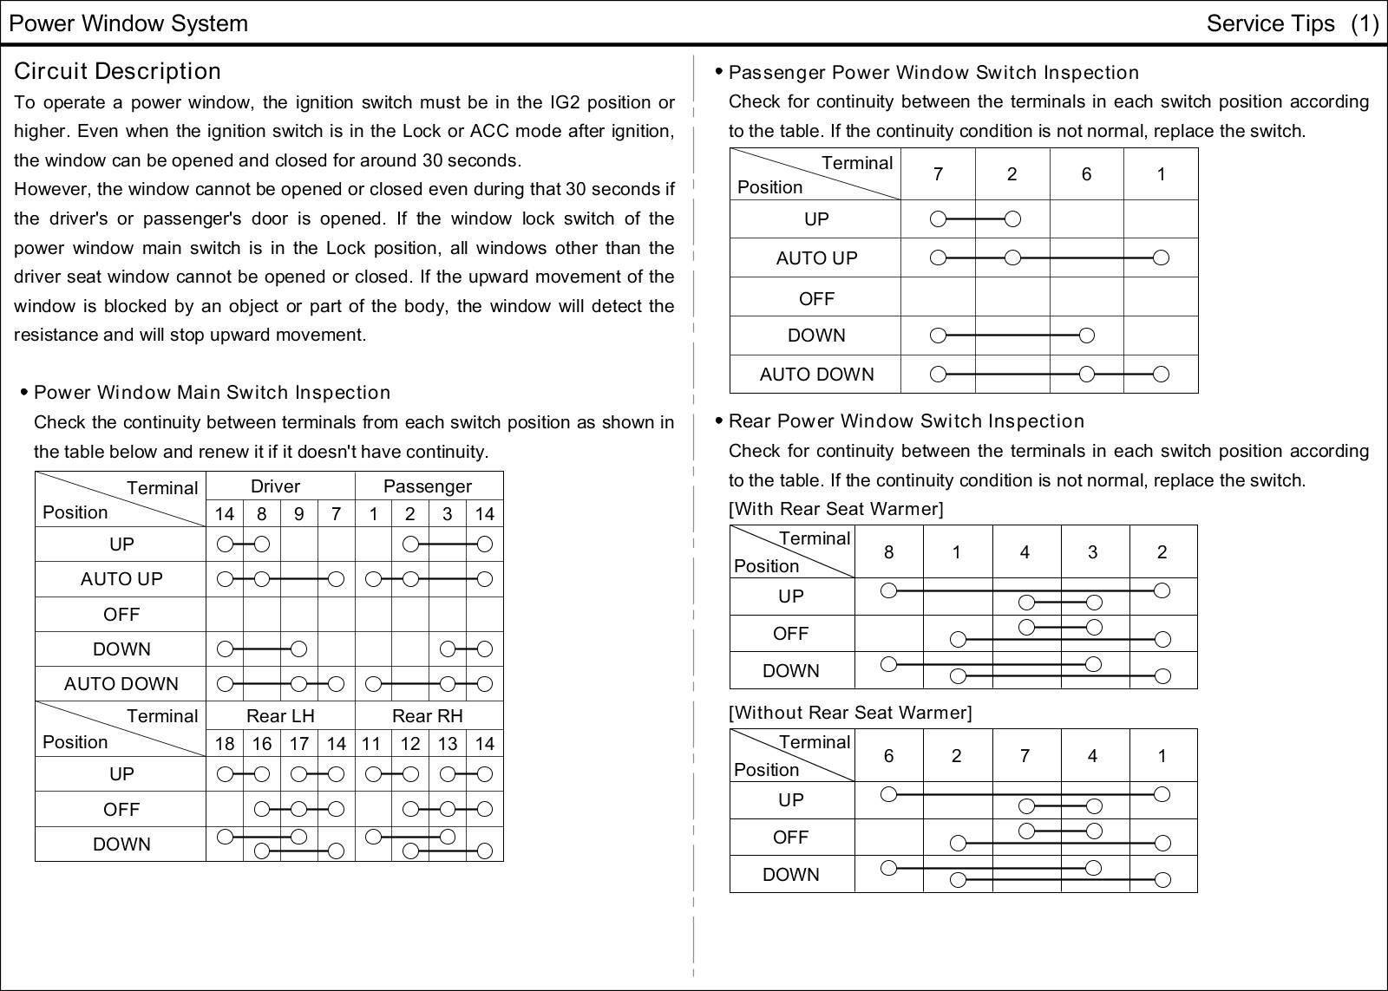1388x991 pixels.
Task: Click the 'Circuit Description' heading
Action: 117,71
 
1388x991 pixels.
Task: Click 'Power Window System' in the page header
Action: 128,23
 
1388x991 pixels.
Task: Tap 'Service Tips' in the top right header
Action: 1270,23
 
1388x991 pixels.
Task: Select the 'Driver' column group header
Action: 275,486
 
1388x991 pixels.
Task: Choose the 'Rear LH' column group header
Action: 280,716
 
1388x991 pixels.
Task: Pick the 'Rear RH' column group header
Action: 428,716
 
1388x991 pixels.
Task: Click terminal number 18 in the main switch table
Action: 225,743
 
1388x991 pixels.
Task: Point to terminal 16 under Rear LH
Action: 261,743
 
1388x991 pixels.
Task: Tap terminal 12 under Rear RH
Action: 410,743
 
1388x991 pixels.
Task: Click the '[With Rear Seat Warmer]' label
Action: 835,509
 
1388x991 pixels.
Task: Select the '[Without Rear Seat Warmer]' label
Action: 850,713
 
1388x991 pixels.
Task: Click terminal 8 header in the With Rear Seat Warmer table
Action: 888,552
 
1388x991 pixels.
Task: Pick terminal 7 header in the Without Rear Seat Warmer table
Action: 1025,756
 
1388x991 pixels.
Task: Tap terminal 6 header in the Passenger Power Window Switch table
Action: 1086,174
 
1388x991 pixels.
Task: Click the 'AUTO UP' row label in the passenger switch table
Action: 816,258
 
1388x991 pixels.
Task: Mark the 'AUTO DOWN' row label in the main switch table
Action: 121,684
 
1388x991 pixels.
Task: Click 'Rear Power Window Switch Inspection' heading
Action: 907,421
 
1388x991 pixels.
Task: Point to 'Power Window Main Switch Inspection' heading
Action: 212,393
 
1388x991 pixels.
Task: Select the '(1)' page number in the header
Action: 1364,23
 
